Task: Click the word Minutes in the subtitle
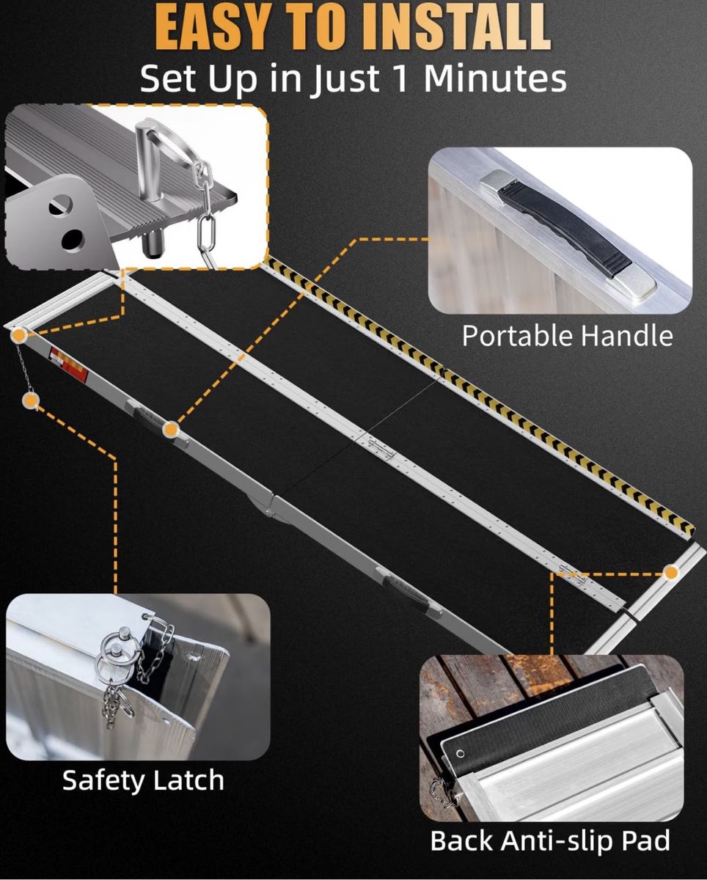(x=495, y=78)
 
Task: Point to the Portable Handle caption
(x=567, y=336)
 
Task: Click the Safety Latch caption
(x=143, y=780)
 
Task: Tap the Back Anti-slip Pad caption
(x=550, y=840)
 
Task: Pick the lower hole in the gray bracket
(x=73, y=240)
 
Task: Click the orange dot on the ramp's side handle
(x=171, y=430)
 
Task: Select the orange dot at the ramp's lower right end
(x=671, y=573)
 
